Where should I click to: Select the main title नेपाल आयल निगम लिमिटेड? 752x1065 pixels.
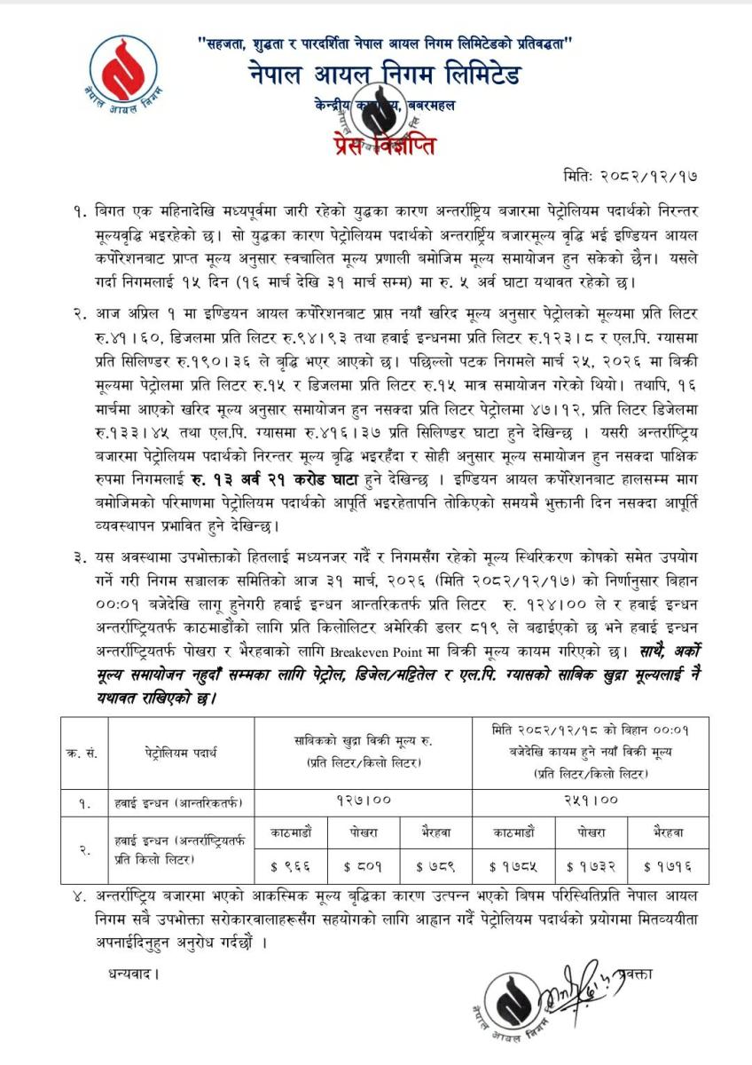coord(385,75)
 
